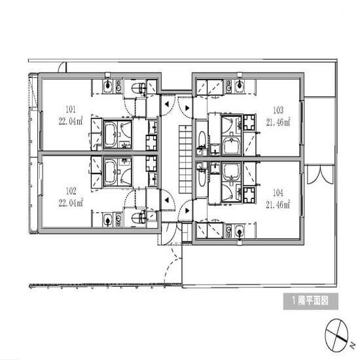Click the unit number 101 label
[71, 109]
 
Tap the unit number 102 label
[71, 191]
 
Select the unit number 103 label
[278, 110]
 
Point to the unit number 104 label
[278, 193]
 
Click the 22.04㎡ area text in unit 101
[71, 121]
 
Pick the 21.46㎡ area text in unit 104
[278, 204]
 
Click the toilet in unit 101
[139, 88]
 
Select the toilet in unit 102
[139, 218]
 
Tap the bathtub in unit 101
[111, 134]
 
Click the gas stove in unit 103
[249, 122]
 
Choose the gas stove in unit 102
[151, 164]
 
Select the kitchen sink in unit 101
[107, 86]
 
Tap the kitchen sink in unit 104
[240, 232]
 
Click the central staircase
[185, 159]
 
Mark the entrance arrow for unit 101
[167, 104]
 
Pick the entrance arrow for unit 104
[187, 210]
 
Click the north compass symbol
[337, 336]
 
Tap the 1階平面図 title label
[311, 301]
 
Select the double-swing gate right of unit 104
[320, 175]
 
